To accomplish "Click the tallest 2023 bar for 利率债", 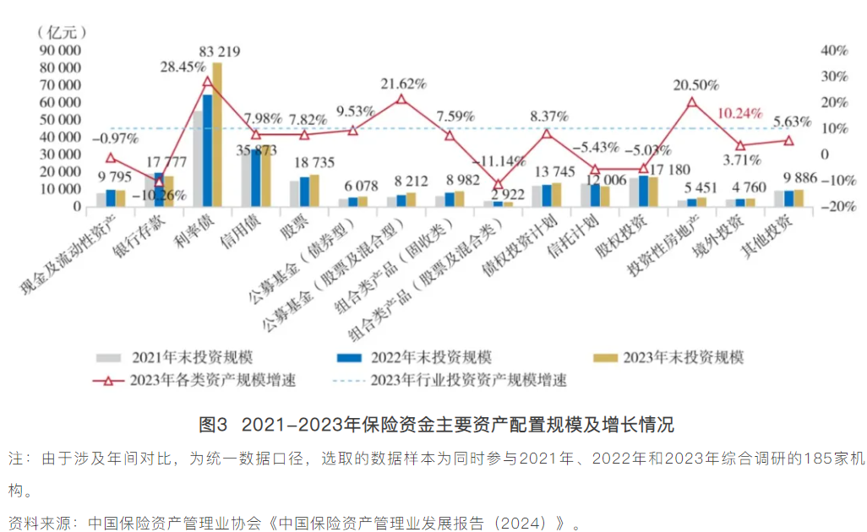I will pos(217,135).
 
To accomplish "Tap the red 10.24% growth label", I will pos(739,113).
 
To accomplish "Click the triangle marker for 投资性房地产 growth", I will pos(692,102).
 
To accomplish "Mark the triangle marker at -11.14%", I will pos(498,184).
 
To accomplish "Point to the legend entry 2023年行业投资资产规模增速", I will pos(467,380).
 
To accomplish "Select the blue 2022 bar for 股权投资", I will pos(643,191).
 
